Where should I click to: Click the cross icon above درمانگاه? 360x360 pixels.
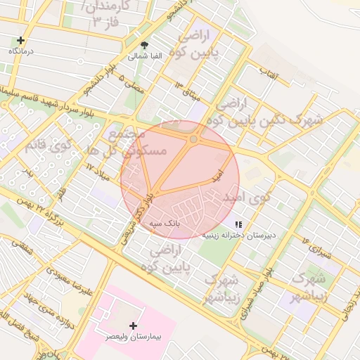point(21,41)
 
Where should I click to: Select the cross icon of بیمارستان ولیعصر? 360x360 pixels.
point(133,326)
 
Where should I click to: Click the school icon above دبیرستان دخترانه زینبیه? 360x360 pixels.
point(239,224)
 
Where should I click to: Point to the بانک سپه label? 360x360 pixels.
point(165,222)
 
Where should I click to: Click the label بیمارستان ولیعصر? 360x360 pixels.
point(134,338)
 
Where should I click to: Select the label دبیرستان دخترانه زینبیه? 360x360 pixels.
point(239,235)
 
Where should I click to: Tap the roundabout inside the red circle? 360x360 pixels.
point(193,139)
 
